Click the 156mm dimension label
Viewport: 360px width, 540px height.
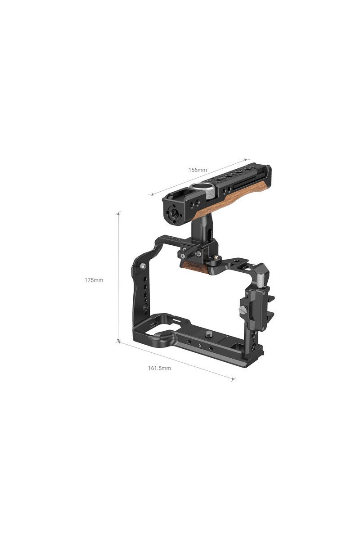click(198, 170)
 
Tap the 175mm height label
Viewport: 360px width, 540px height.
click(94, 280)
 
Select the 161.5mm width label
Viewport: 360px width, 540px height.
click(159, 368)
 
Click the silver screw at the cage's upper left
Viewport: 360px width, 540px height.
click(143, 265)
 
